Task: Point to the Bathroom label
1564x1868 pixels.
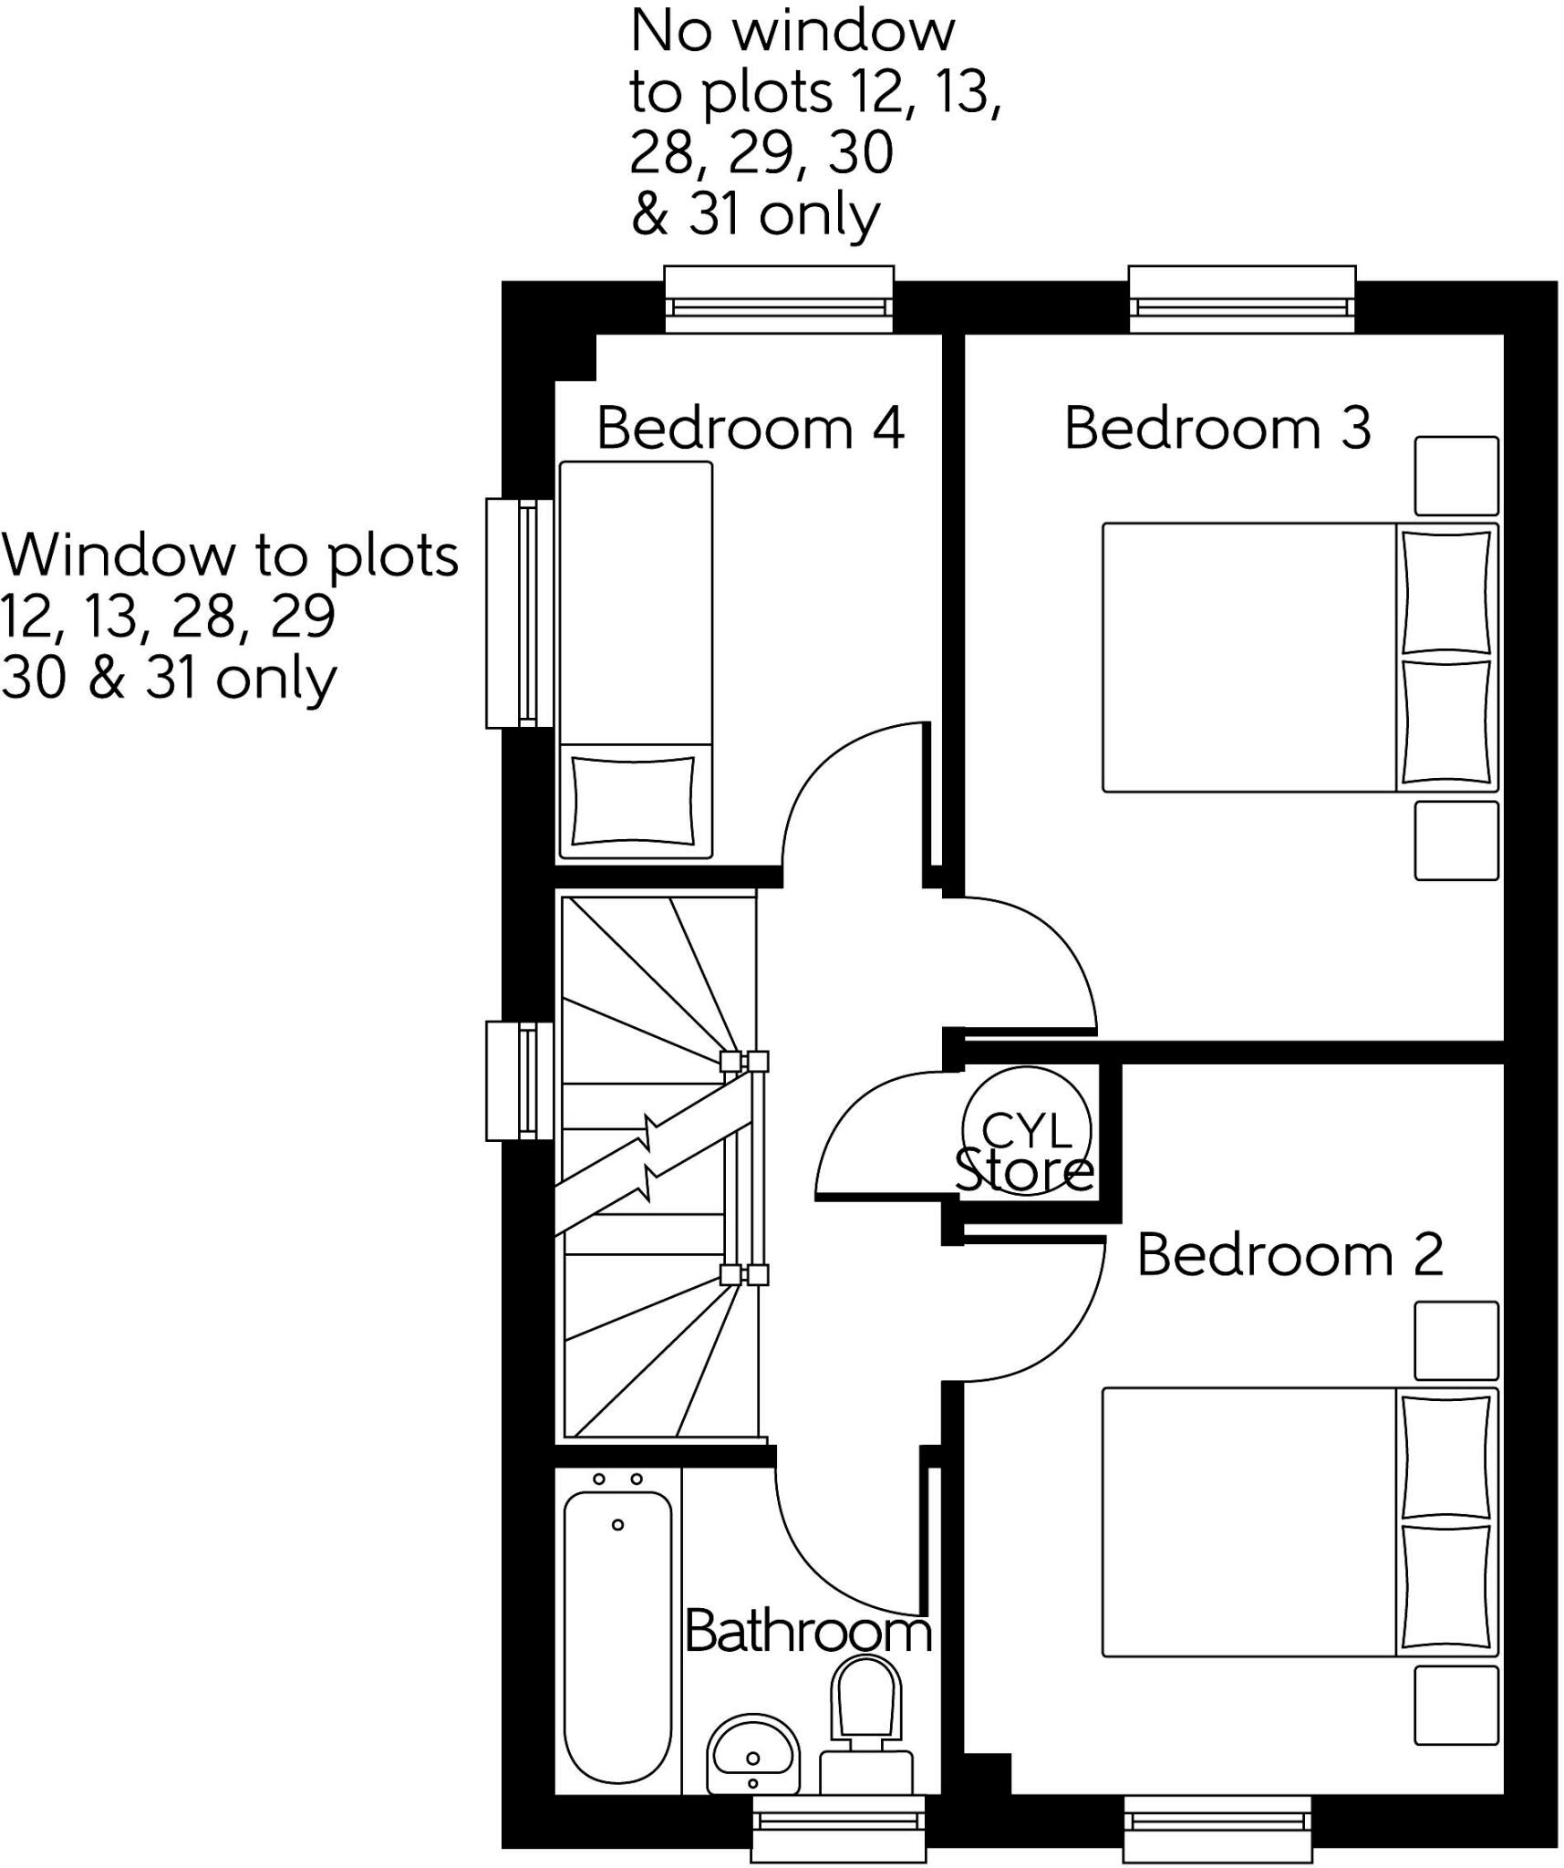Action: point(808,1630)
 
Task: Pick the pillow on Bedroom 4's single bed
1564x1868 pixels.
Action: point(633,801)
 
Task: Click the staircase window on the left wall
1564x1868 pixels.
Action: point(520,1081)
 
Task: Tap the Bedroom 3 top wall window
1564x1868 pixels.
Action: point(1241,300)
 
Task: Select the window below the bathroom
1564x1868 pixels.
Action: point(838,1828)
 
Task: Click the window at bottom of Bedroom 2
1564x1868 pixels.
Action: point(1217,1828)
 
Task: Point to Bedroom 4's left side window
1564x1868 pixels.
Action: point(520,613)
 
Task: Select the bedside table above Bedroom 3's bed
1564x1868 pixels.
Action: point(1455,475)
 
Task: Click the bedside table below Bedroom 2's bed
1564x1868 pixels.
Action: point(1455,1705)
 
